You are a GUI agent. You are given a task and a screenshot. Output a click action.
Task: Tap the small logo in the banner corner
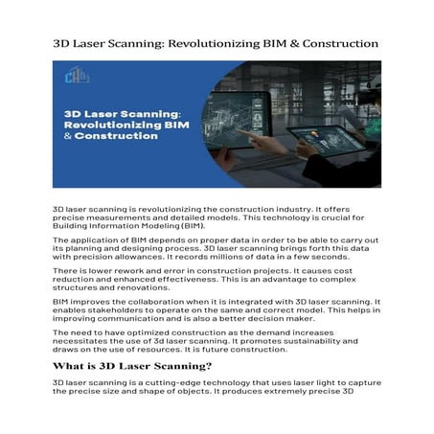(x=70, y=76)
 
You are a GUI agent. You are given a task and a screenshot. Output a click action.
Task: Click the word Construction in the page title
(x=335, y=45)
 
